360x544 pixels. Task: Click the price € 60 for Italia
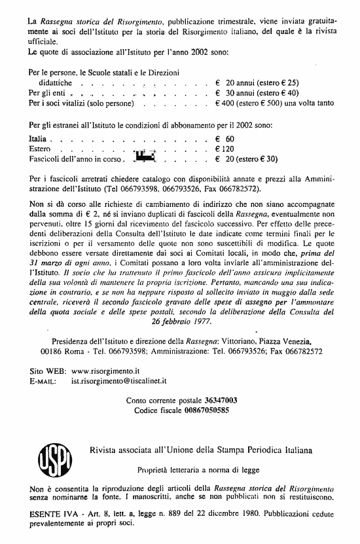pyautogui.click(x=225, y=139)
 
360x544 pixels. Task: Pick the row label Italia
pyautogui.click(x=38, y=139)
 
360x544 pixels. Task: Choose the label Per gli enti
pyautogui.click(x=46, y=94)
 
